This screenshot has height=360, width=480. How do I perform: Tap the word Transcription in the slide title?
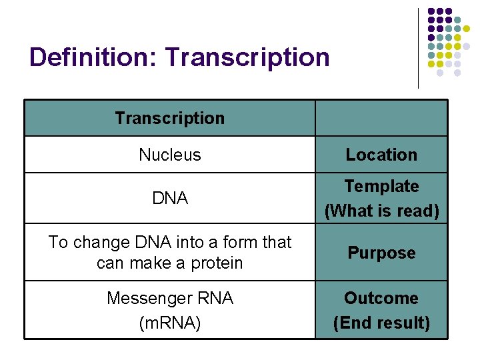point(248,57)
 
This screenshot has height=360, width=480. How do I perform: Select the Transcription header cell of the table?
point(169,119)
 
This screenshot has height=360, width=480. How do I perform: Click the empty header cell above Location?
point(381,119)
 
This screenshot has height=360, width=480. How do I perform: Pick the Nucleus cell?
point(169,155)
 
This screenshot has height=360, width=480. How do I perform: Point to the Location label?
point(381,155)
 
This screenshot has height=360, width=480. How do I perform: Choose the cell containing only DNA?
point(169,198)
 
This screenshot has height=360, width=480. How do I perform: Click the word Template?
point(381,186)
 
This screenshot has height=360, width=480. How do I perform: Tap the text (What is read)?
point(381,211)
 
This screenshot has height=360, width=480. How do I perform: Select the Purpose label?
point(381,253)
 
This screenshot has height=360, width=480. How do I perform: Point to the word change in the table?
point(95,242)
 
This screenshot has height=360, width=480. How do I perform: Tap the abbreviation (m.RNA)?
point(169,323)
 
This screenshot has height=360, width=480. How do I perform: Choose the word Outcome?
point(381,298)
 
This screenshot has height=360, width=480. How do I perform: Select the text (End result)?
point(381,323)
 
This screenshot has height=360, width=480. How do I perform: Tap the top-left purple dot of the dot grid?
point(431,12)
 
